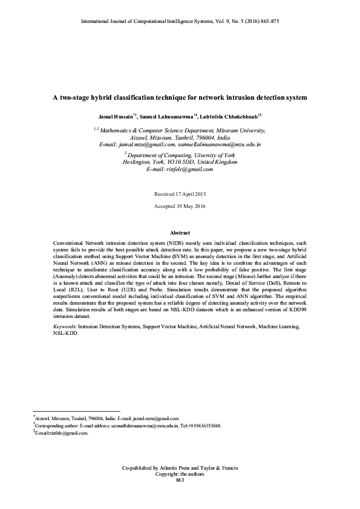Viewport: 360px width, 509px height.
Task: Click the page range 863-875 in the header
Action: click(267, 21)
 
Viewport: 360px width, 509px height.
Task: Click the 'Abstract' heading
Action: click(180, 233)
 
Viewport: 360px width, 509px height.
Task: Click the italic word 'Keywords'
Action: click(65, 326)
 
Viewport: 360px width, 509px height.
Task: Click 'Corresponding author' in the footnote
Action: click(59, 426)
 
